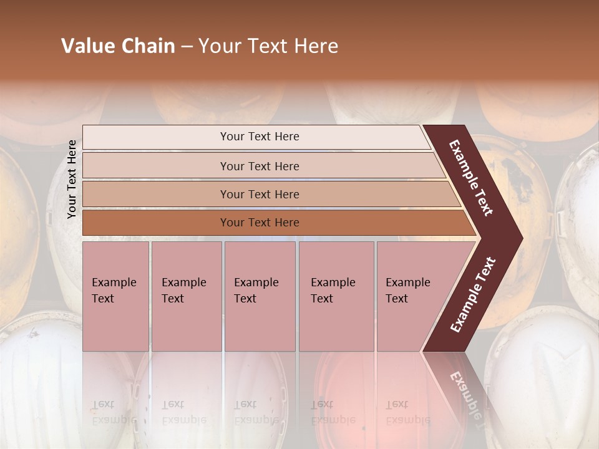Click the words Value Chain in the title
point(118,46)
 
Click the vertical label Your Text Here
point(72,180)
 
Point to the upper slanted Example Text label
point(471,178)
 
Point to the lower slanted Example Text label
point(473,294)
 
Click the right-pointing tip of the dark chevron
point(519,238)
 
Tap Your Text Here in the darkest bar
point(260,223)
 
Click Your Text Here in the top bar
point(260,137)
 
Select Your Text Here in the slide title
point(268,46)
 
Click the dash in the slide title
point(187,47)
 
